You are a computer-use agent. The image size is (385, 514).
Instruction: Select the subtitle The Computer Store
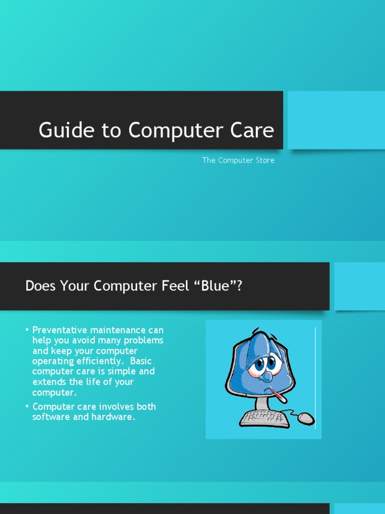pyautogui.click(x=238, y=160)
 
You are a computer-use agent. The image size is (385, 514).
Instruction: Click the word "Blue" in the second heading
pyautogui.click(x=217, y=286)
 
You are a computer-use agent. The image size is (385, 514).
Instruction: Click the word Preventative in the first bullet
pyautogui.click(x=60, y=330)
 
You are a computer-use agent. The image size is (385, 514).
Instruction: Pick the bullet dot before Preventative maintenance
pyautogui.click(x=27, y=330)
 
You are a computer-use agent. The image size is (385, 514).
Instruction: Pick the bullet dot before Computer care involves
pyautogui.click(x=27, y=406)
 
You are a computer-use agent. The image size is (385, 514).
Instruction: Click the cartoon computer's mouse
pyautogui.click(x=306, y=418)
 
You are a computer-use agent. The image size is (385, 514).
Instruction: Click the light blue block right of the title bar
pyautogui.click(x=336, y=120)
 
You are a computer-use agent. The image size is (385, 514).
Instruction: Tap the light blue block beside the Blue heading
pyautogui.click(x=359, y=286)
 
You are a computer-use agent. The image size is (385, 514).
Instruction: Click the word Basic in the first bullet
pyautogui.click(x=141, y=361)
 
